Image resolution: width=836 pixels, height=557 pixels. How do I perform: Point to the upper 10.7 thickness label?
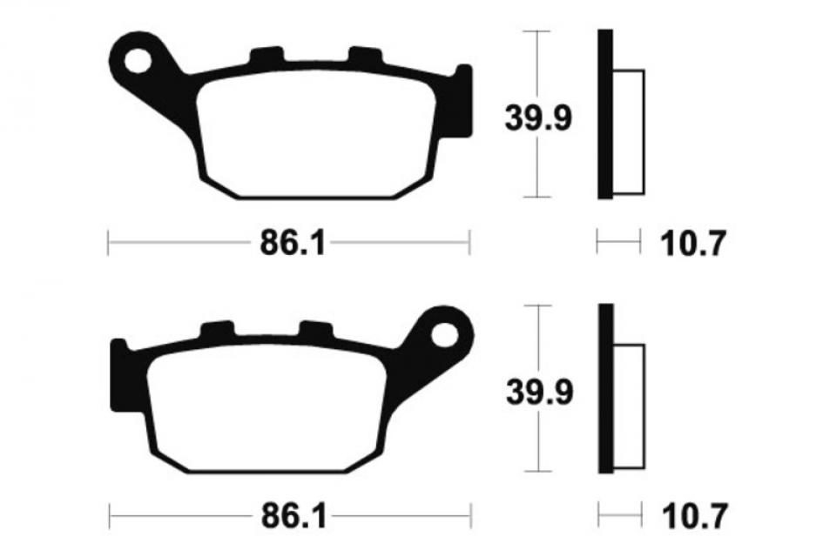[693, 245]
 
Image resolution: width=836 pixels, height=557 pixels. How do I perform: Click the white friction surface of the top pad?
[313, 135]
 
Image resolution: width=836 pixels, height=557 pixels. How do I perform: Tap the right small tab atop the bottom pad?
[316, 329]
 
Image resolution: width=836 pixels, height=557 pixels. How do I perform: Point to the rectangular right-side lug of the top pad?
[463, 100]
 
